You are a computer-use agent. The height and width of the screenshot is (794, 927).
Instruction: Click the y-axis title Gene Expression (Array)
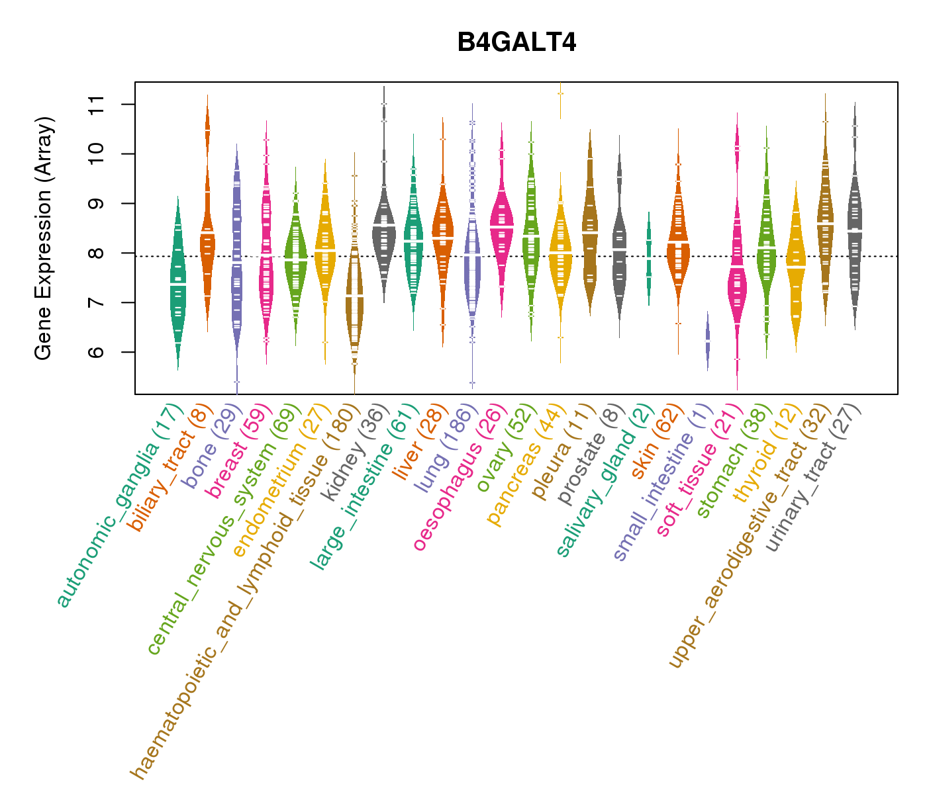44,238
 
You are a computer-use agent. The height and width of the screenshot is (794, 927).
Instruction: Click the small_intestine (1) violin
708,341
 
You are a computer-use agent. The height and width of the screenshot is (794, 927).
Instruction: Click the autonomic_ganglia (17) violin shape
177,285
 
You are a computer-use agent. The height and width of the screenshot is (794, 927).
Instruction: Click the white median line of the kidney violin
384,226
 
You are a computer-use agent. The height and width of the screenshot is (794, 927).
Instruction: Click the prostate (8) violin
619,251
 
